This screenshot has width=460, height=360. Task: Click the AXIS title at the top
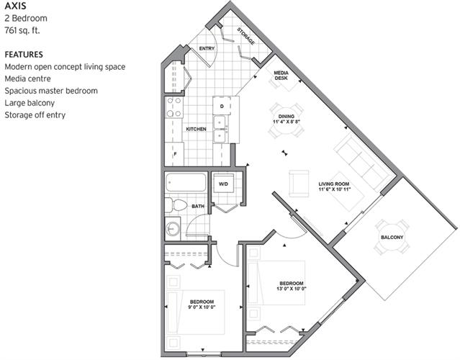(15, 6)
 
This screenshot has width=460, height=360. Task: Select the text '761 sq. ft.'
(22, 30)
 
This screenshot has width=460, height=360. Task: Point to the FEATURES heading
(24, 55)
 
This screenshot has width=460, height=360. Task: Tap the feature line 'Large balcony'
(30, 103)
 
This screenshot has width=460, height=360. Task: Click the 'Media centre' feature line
(27, 78)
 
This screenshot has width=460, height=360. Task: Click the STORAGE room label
(246, 36)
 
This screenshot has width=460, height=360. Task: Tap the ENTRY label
(207, 48)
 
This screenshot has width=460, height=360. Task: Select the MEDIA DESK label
(281, 76)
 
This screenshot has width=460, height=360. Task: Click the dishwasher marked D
(222, 106)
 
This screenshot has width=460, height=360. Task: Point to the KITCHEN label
(197, 129)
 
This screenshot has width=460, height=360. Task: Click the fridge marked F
(174, 154)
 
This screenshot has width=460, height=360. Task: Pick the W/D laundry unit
(224, 184)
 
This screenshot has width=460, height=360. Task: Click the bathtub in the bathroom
(186, 182)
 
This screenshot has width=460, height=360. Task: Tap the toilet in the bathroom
(176, 204)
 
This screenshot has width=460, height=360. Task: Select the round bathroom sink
(173, 229)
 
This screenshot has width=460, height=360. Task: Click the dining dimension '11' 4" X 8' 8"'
(287, 122)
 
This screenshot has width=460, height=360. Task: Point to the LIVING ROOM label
(334, 184)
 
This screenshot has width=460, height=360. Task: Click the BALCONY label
(392, 237)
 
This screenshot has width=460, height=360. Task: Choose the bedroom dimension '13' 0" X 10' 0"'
(292, 289)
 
